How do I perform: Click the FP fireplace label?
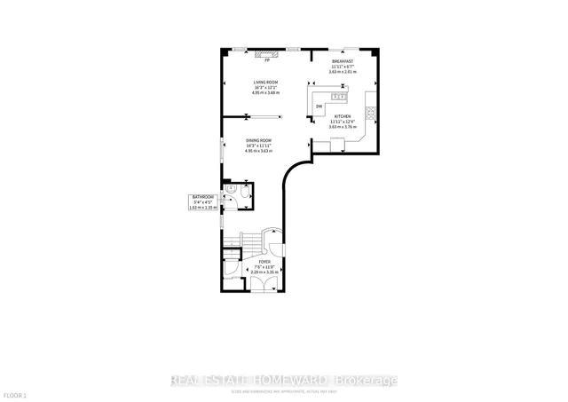point(266,60)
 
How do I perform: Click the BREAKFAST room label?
point(343,61)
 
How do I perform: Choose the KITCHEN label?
point(343,116)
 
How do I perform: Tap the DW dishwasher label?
point(319,106)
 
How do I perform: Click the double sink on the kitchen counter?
point(338,95)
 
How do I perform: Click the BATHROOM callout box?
point(203,201)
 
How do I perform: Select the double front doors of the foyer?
point(263,284)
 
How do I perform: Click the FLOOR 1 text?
point(15,394)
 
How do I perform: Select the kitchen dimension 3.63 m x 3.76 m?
point(343,127)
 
